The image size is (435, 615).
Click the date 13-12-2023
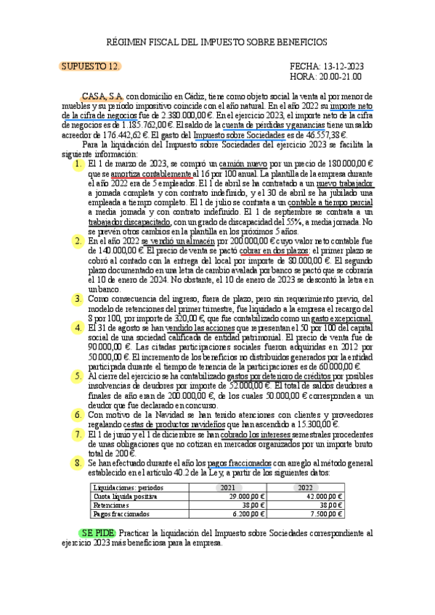coord(343,66)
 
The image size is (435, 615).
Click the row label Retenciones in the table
coord(111,505)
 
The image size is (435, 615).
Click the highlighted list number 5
coord(76,376)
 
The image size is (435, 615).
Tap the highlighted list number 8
coord(76,462)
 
